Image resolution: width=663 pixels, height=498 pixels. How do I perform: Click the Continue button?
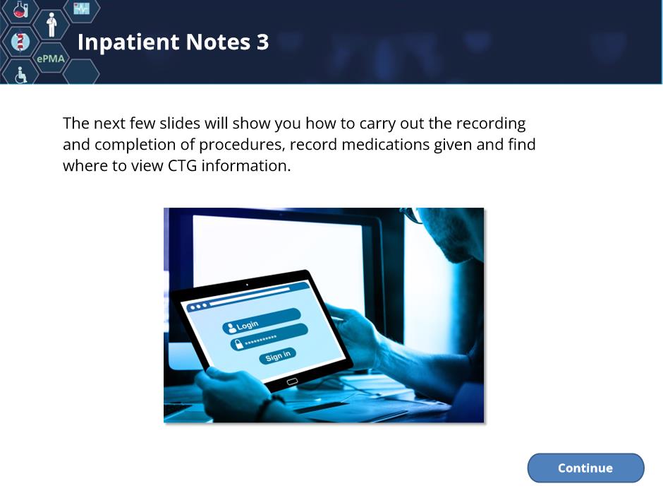[585, 468]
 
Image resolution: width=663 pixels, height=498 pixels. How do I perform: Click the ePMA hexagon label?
[51, 59]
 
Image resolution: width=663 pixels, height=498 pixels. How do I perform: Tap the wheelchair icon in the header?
[20, 76]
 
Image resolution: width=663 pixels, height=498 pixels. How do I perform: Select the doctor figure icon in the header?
[51, 25]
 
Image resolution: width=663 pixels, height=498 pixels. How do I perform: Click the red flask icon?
[20, 9]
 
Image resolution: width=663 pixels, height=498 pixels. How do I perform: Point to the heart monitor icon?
[81, 8]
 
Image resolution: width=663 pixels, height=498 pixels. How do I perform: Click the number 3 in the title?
[262, 42]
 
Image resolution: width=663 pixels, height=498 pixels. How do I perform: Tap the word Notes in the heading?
[218, 42]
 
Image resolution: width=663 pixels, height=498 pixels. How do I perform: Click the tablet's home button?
[292, 381]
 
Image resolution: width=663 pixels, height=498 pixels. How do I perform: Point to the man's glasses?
[413, 214]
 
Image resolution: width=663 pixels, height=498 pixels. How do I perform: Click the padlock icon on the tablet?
[239, 343]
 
